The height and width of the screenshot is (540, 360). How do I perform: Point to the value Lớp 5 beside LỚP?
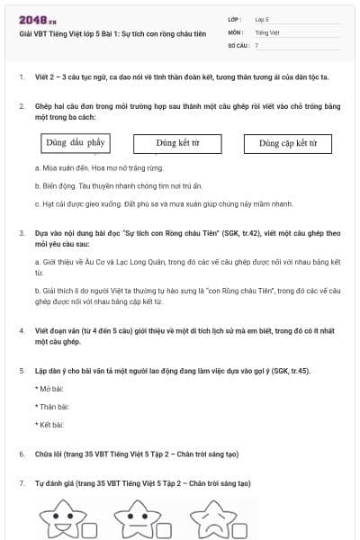(262, 19)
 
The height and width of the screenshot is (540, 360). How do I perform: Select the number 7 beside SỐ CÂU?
(256, 44)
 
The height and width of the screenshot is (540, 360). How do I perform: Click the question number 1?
(21, 77)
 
